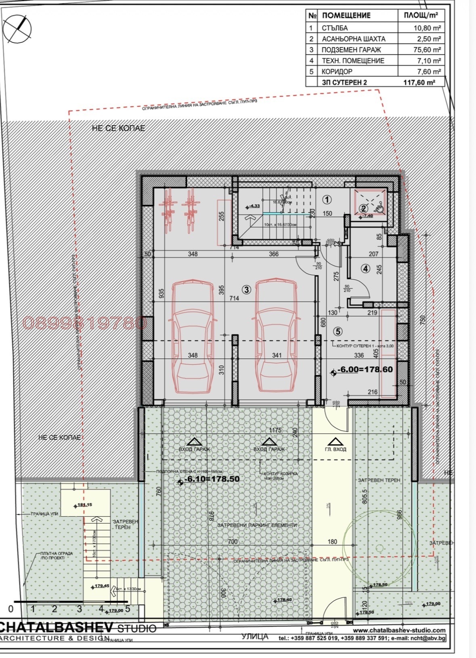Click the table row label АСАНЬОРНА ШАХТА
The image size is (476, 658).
click(353, 39)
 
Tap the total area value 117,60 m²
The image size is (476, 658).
click(419, 82)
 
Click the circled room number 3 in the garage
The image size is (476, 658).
click(247, 289)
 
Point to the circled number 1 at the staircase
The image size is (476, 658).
click(327, 199)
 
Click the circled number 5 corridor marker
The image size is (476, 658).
click(338, 331)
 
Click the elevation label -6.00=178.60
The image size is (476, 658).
click(365, 369)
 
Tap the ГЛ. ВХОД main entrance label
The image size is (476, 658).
click(336, 449)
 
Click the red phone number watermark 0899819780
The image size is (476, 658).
click(85, 323)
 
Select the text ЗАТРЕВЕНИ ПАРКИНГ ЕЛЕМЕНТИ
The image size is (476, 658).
click(257, 525)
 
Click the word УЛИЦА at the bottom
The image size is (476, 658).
click(255, 637)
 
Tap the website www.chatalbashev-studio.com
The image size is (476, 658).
click(399, 630)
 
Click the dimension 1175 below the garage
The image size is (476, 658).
click(275, 430)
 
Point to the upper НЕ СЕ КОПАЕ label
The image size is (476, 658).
click(118, 128)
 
